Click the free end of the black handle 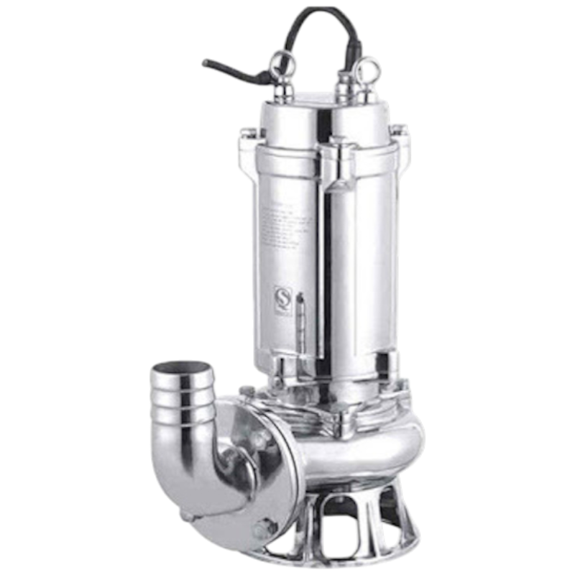point(209,63)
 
